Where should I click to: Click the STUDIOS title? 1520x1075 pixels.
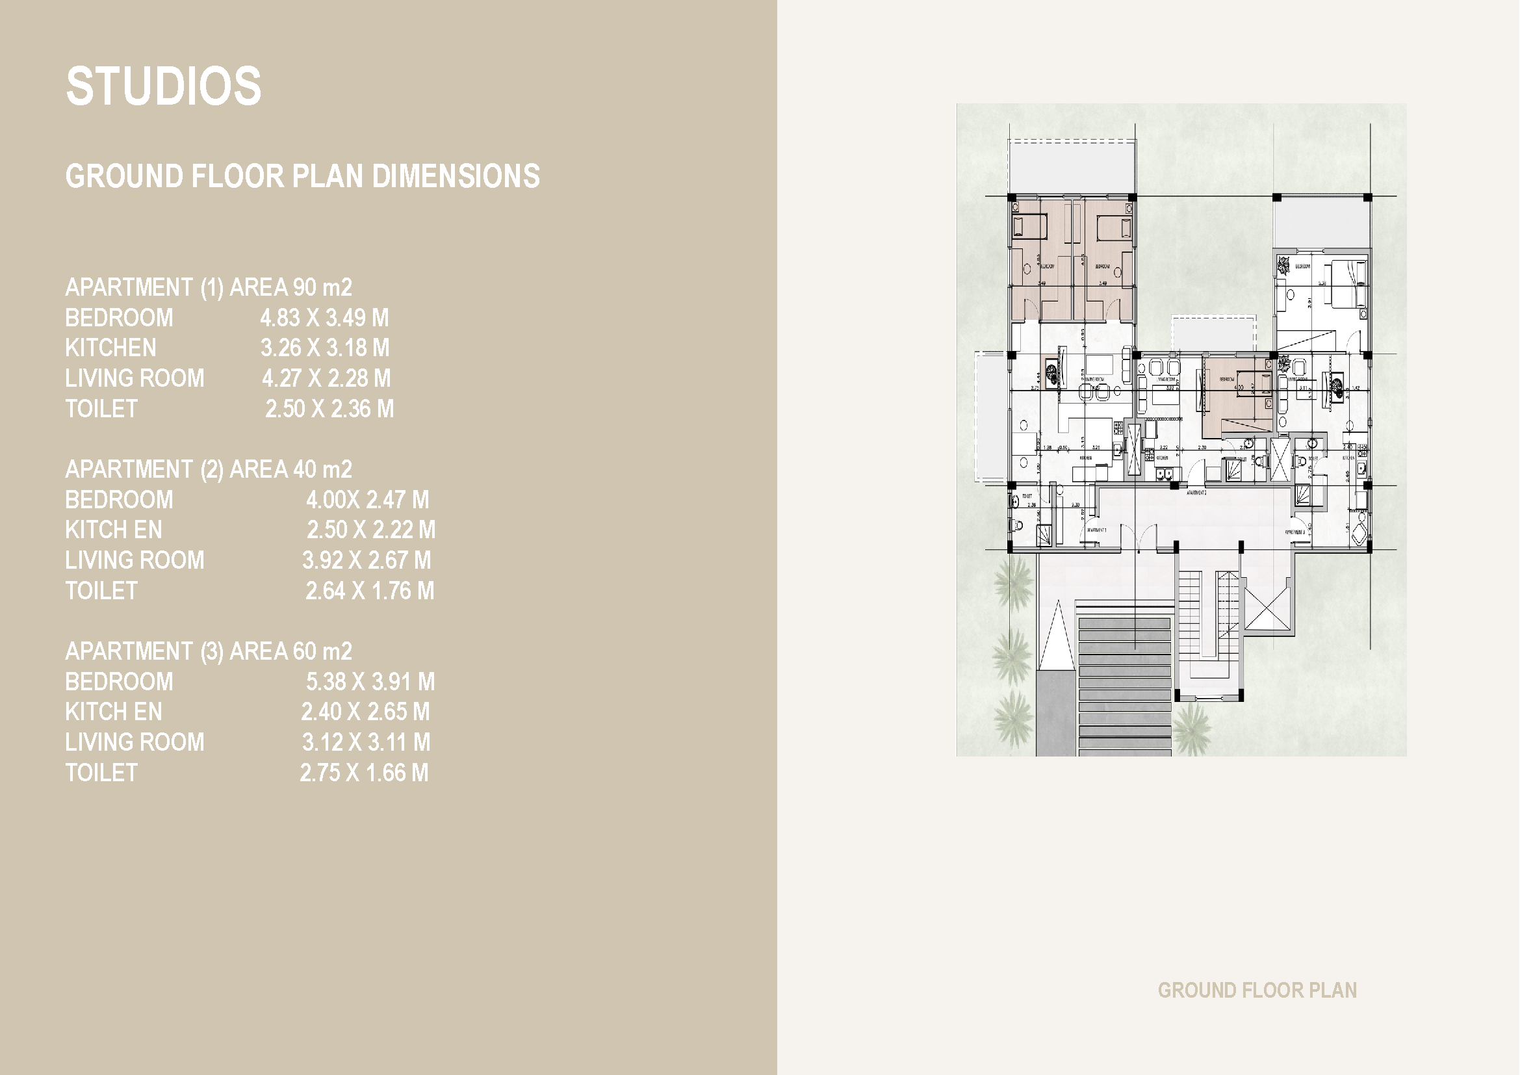pyautogui.click(x=164, y=86)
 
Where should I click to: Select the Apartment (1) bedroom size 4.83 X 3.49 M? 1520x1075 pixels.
pyautogui.click(x=324, y=318)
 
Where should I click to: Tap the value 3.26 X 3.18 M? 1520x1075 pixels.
pyautogui.click(x=324, y=348)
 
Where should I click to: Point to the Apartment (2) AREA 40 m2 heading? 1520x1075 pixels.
pyautogui.click(x=209, y=469)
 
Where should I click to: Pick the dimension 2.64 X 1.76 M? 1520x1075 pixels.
pyautogui.click(x=369, y=590)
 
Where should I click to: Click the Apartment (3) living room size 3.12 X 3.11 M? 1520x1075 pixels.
pyautogui.click(x=366, y=742)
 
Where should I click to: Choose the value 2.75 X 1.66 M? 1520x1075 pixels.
pyautogui.click(x=364, y=773)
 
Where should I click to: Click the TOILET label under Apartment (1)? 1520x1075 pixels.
pyautogui.click(x=101, y=409)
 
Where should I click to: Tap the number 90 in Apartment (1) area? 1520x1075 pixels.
pyautogui.click(x=305, y=287)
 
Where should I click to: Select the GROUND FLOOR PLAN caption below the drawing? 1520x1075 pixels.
pyautogui.click(x=1257, y=991)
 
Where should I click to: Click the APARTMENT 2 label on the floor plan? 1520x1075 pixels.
pyautogui.click(x=1196, y=493)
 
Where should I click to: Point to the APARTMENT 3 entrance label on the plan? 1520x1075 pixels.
pyautogui.click(x=1295, y=532)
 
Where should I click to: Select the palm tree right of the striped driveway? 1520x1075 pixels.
pyautogui.click(x=1192, y=728)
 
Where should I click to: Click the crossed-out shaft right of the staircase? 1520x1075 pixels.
pyautogui.click(x=1268, y=606)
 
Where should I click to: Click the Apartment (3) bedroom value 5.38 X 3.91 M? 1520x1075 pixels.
pyautogui.click(x=369, y=682)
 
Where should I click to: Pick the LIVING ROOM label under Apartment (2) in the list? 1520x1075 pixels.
pyautogui.click(x=135, y=561)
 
